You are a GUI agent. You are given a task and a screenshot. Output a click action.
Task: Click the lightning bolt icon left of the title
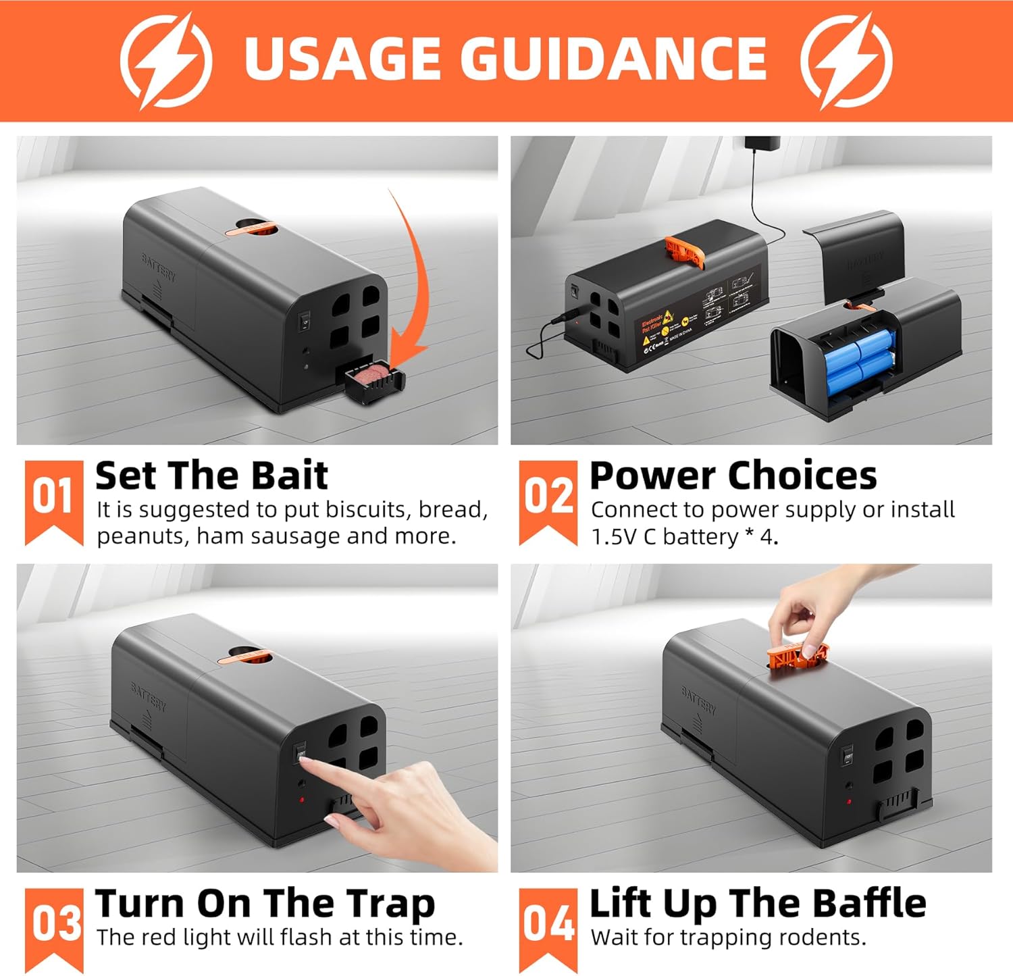click(x=165, y=61)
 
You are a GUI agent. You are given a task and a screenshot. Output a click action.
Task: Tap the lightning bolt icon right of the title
click(x=846, y=61)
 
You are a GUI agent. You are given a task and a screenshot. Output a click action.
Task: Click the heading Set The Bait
click(x=211, y=476)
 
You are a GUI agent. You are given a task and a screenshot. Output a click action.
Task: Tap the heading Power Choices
click(x=733, y=476)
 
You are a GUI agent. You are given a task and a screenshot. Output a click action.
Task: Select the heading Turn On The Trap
click(x=265, y=904)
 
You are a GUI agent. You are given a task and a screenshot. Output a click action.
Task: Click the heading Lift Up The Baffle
click(x=758, y=904)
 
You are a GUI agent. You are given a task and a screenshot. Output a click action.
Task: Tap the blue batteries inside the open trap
click(x=859, y=361)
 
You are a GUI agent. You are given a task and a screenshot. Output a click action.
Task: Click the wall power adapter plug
click(x=762, y=143)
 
